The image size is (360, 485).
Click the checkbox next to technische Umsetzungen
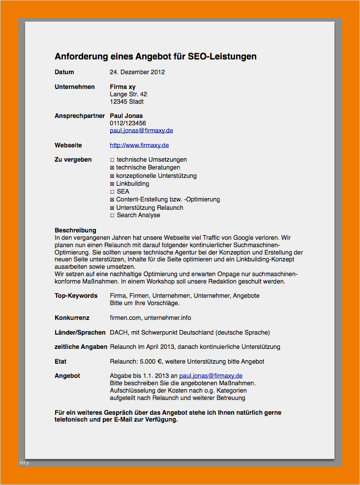click(112, 160)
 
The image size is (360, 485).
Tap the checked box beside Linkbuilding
click(112, 184)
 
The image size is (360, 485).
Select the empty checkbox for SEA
click(112, 192)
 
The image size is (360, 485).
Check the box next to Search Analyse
click(112, 215)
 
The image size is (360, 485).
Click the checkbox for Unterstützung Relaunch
click(112, 208)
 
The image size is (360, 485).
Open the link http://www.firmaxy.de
click(139, 145)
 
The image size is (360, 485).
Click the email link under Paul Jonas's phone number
click(141, 131)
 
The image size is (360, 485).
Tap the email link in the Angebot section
click(210, 376)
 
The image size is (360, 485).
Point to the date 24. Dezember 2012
click(137, 72)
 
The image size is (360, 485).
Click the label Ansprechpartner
click(80, 116)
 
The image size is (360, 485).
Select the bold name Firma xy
click(122, 87)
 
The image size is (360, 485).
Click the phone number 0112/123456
click(128, 123)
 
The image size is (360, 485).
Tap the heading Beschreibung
click(75, 230)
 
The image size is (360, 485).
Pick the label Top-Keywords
click(76, 296)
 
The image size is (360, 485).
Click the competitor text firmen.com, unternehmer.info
click(150, 318)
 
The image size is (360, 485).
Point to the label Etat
click(60, 362)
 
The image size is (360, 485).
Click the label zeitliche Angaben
click(81, 347)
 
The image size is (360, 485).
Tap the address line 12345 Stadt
click(126, 102)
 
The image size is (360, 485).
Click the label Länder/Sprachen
click(80, 333)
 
